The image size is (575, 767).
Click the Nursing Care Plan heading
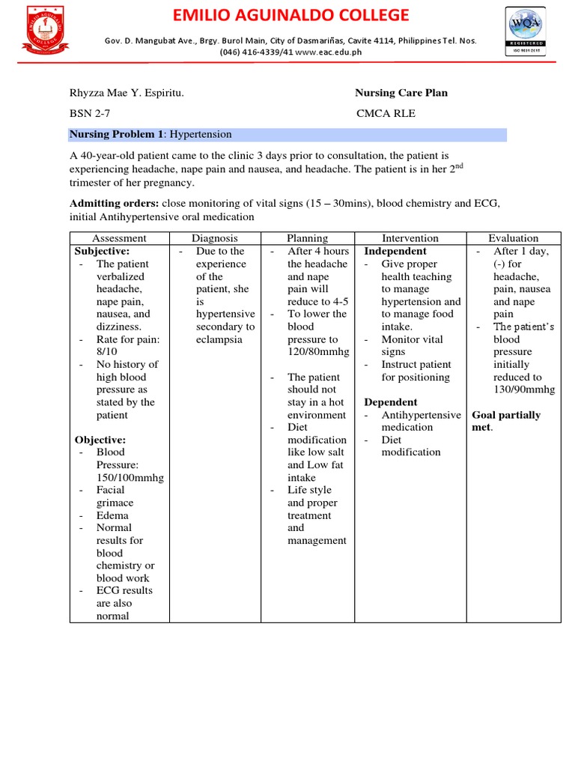point(401,93)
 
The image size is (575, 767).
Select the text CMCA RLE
point(386,114)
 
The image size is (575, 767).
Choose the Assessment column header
point(120,238)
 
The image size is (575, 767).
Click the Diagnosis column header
point(215,238)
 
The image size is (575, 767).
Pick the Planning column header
point(308,238)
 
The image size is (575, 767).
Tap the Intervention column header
point(410,238)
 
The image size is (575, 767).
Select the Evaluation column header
point(513,238)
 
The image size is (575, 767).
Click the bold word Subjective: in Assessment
point(102,251)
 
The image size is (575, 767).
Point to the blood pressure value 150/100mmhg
point(130,477)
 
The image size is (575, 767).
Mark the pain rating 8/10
point(109,351)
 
